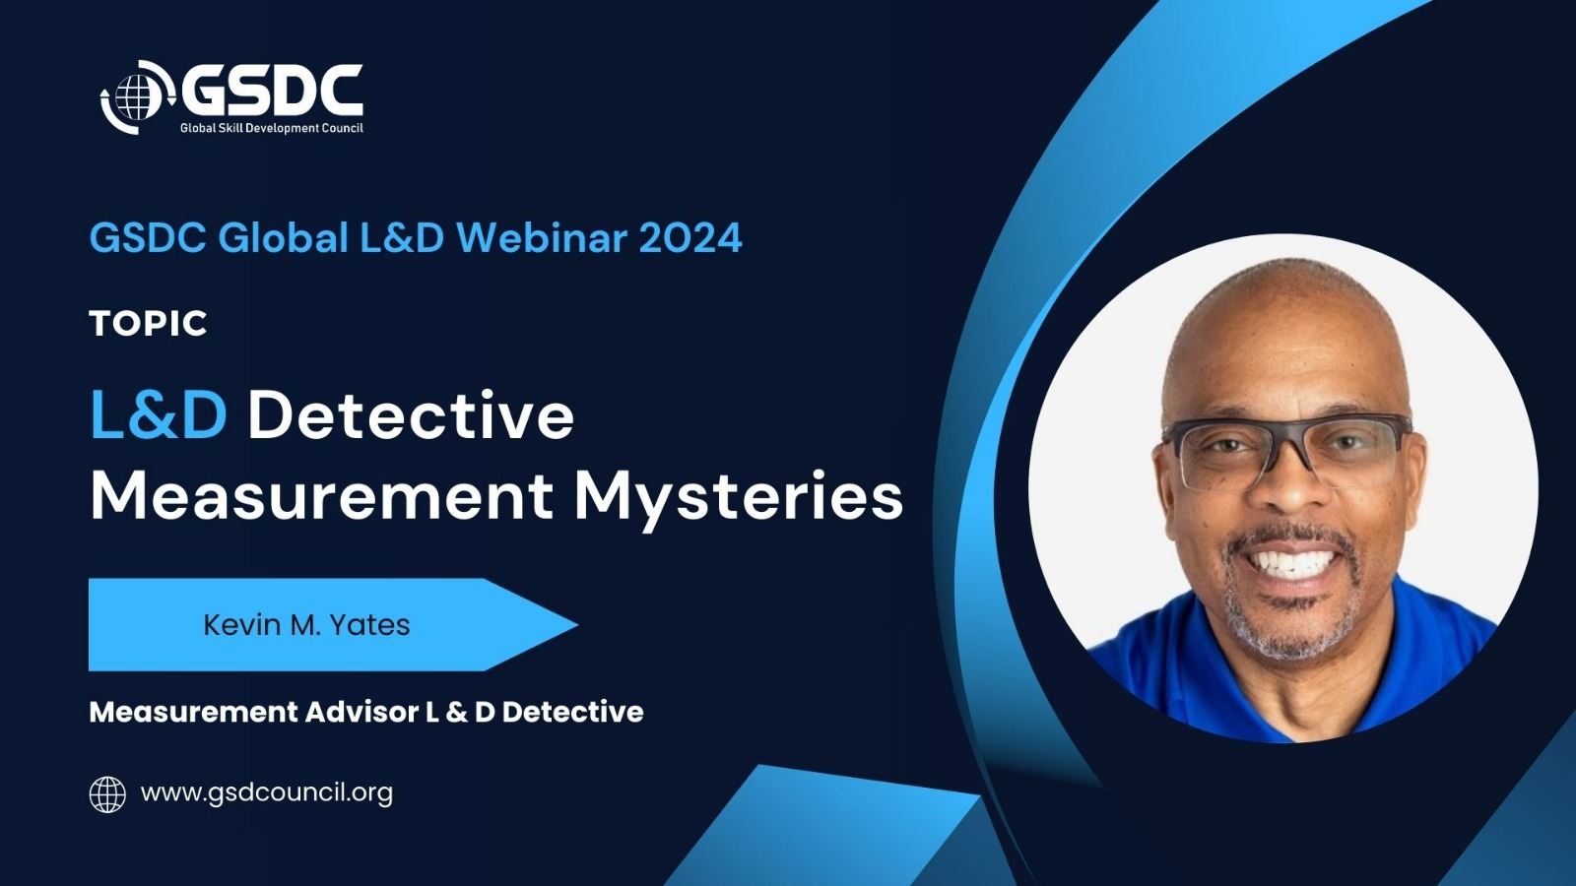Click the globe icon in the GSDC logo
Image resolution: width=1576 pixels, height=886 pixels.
(x=138, y=96)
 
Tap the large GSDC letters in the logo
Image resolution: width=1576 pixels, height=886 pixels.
(x=272, y=91)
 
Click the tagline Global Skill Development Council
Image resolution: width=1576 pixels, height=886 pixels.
(x=272, y=128)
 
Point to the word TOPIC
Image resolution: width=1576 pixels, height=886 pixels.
(x=149, y=324)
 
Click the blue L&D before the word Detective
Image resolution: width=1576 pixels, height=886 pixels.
(x=159, y=415)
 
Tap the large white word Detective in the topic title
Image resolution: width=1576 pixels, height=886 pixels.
(x=411, y=415)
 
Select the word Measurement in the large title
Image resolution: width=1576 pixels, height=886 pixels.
(x=321, y=496)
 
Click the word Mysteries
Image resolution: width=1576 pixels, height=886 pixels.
(x=739, y=501)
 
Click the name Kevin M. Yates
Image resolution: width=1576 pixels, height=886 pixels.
(x=306, y=624)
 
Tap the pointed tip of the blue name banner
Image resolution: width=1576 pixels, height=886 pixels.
(x=577, y=624)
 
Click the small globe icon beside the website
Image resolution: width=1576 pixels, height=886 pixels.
(x=107, y=794)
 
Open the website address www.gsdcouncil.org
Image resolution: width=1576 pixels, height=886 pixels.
(x=267, y=793)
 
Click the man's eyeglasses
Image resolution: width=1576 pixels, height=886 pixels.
(x=1286, y=450)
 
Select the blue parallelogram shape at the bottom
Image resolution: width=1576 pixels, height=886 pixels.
(x=823, y=826)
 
